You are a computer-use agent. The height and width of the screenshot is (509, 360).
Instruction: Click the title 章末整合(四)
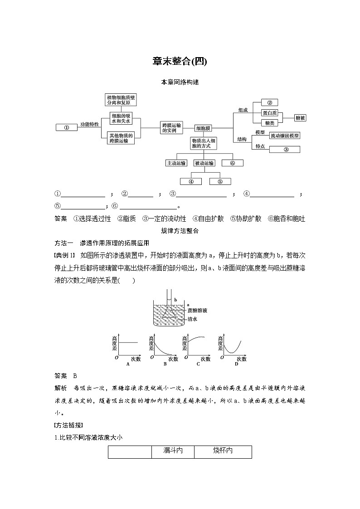point(180,61)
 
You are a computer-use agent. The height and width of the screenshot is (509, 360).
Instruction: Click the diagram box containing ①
point(66,127)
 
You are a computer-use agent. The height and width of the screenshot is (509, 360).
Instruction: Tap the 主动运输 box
point(176,163)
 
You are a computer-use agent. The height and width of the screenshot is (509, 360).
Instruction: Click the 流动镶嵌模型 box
point(285,136)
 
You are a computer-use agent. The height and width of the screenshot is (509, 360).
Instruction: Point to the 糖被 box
point(300,118)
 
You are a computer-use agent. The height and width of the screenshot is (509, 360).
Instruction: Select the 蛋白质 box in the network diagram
point(270,113)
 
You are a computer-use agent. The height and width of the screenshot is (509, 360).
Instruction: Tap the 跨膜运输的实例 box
point(171,127)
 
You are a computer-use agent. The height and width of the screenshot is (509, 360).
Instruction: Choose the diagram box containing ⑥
point(232,163)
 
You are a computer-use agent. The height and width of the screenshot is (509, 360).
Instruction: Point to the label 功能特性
point(90,124)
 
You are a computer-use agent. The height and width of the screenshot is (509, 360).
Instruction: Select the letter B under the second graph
point(165,364)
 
